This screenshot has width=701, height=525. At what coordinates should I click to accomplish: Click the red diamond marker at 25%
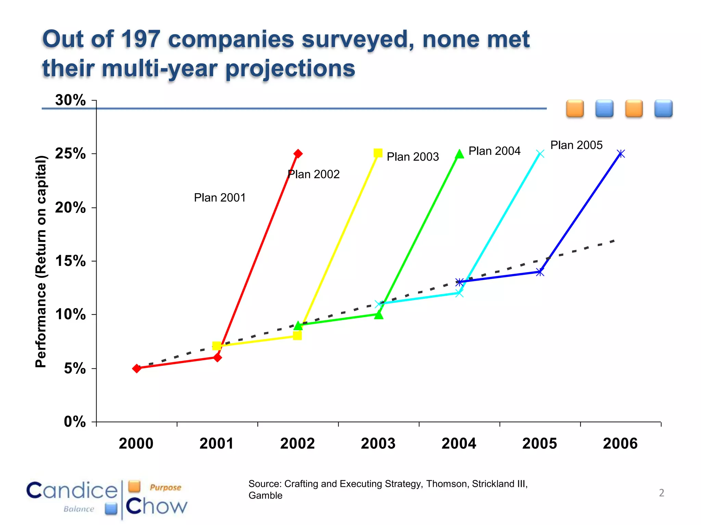pyautogui.click(x=298, y=153)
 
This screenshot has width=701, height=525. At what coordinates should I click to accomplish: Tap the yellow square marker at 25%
pyautogui.click(x=378, y=153)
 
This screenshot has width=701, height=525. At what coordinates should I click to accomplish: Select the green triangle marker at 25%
pyautogui.click(x=459, y=154)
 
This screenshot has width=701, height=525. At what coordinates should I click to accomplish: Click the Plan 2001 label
pyautogui.click(x=220, y=198)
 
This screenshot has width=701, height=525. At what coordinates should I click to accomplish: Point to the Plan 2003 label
pyautogui.click(x=412, y=157)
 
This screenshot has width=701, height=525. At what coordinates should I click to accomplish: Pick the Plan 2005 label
pyautogui.click(x=576, y=145)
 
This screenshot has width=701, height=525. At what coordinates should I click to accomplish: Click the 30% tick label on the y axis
pyautogui.click(x=70, y=100)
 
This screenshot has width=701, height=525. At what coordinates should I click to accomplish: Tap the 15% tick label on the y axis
pyautogui.click(x=70, y=261)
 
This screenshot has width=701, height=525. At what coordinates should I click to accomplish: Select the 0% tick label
pyautogui.click(x=75, y=422)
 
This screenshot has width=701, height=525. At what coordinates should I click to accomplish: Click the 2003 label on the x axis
pyautogui.click(x=378, y=444)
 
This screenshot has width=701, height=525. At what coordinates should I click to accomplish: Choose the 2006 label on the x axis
pyautogui.click(x=620, y=444)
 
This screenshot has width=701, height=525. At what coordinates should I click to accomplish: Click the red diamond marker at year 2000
pyautogui.click(x=137, y=368)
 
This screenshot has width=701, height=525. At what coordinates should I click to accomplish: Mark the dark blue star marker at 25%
pyautogui.click(x=621, y=154)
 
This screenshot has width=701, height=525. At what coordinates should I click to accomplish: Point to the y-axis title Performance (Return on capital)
pyautogui.click(x=41, y=261)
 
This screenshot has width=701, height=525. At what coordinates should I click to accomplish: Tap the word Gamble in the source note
pyautogui.click(x=265, y=495)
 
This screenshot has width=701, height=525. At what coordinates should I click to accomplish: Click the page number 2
pyautogui.click(x=661, y=493)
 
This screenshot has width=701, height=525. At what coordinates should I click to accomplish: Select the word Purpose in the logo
pyautogui.click(x=165, y=487)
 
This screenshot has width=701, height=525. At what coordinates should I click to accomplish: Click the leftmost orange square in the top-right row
pyautogui.click(x=575, y=109)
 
